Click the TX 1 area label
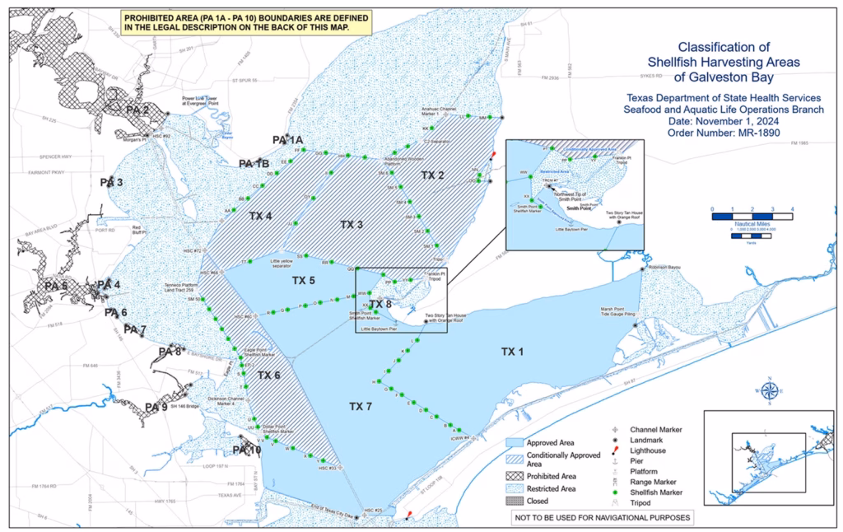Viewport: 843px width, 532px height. (x=512, y=352)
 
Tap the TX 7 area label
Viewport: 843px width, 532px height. (x=361, y=406)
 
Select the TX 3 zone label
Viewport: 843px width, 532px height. (x=352, y=224)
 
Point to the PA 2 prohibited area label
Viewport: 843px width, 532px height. (x=137, y=110)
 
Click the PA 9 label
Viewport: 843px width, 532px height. (x=156, y=407)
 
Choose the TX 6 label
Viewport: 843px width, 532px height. (x=269, y=376)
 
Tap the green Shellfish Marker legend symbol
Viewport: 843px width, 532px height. (x=616, y=492)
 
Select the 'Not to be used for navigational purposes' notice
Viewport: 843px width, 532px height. (x=600, y=518)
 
